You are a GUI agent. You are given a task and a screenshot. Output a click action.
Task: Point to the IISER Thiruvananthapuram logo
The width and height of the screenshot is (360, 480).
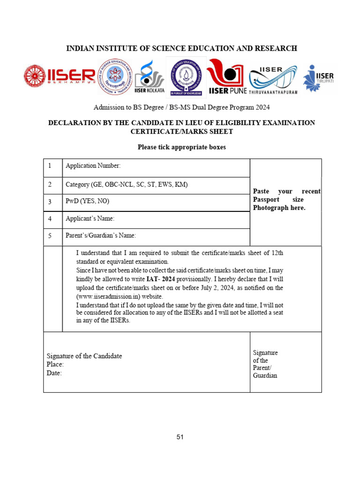273,80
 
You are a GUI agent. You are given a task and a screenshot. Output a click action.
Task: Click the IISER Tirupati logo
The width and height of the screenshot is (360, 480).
319,78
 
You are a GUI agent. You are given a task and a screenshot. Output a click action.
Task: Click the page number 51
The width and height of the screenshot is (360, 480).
180,437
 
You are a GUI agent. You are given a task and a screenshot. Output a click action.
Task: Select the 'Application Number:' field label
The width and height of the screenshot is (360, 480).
93,166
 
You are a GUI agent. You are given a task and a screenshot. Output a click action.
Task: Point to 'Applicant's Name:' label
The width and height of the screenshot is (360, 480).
90,219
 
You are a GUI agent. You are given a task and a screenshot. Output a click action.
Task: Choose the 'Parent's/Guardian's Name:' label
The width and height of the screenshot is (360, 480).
101,236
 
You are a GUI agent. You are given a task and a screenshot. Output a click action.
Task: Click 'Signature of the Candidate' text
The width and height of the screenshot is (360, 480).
84,356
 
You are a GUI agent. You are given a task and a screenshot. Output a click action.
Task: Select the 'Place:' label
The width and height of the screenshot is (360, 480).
55,365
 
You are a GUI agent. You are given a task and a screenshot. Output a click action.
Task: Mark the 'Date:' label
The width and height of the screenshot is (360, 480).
54,373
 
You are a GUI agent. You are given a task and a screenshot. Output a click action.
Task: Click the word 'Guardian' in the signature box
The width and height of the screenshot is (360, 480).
265,375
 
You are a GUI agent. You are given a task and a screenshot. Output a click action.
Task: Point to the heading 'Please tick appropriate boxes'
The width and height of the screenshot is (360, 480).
181,147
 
